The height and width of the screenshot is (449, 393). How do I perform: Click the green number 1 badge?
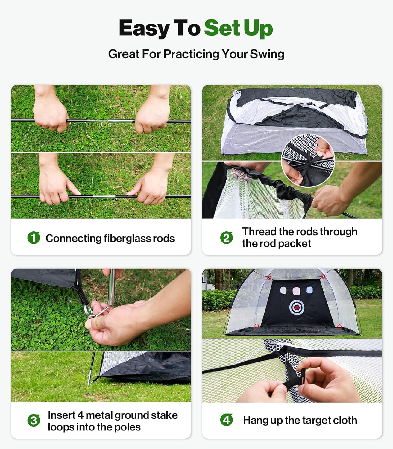click(x=34, y=238)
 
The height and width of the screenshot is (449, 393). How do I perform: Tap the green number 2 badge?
click(x=226, y=238)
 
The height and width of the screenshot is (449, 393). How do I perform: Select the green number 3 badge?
click(x=34, y=421)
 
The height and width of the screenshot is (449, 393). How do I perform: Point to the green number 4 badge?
click(x=226, y=420)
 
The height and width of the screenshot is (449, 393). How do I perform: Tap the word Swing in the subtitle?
click(x=267, y=54)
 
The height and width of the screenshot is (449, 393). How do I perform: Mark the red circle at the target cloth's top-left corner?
click(x=269, y=278)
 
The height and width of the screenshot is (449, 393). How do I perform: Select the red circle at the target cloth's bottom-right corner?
click(x=339, y=326)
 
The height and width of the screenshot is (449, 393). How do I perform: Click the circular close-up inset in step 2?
click(x=308, y=160)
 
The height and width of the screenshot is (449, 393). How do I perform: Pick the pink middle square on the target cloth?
click(x=296, y=290)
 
